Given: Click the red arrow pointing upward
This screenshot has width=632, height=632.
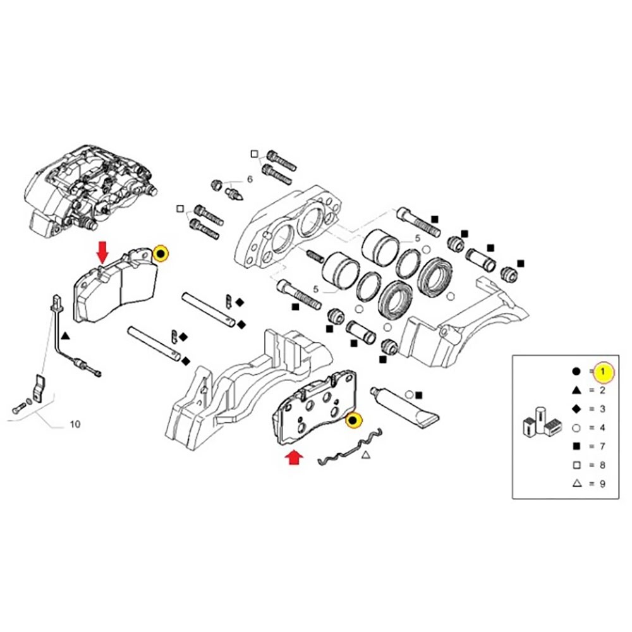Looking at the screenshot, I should coord(295,458).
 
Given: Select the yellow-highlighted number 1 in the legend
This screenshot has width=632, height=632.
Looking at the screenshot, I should coord(604,372).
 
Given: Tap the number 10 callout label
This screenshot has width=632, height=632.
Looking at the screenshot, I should coord(75,424).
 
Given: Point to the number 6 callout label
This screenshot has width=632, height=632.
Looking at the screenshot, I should coord(249,179).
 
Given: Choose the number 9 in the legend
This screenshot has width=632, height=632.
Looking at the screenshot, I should coord(602,483).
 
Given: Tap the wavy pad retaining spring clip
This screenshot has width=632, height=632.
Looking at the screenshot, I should coord(348,449).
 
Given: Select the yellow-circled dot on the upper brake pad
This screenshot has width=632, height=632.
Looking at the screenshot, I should coord(161,254).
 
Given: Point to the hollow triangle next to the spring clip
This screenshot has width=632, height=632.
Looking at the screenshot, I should coord(366,454).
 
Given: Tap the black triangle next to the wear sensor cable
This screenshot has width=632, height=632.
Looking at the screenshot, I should coord(66,339).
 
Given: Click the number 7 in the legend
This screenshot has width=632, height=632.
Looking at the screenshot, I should coord(602,446).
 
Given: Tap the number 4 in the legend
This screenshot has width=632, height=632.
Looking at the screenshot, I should coord(602,428).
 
